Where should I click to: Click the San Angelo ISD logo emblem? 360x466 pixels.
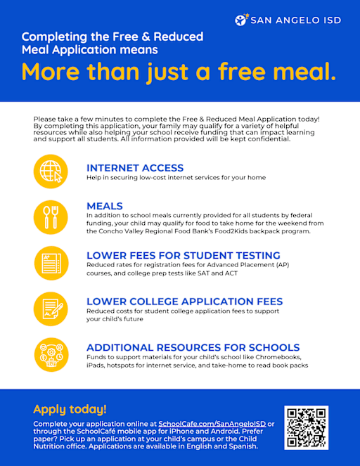242,20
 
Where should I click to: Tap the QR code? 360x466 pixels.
306,428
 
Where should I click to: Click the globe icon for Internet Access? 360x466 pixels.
51,171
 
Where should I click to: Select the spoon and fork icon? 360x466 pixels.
51,216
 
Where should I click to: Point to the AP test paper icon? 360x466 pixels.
51,262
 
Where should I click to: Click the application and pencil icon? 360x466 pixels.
51,308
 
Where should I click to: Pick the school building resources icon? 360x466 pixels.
51,354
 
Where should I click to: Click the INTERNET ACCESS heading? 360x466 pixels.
134,168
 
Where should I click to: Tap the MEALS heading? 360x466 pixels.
104,206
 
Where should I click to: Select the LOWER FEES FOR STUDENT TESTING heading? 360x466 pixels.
183,255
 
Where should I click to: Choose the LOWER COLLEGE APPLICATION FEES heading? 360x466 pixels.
184,302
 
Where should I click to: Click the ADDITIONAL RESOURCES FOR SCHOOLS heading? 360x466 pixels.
193,347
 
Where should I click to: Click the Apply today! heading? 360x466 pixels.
70,408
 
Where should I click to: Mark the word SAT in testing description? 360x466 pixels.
219,273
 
